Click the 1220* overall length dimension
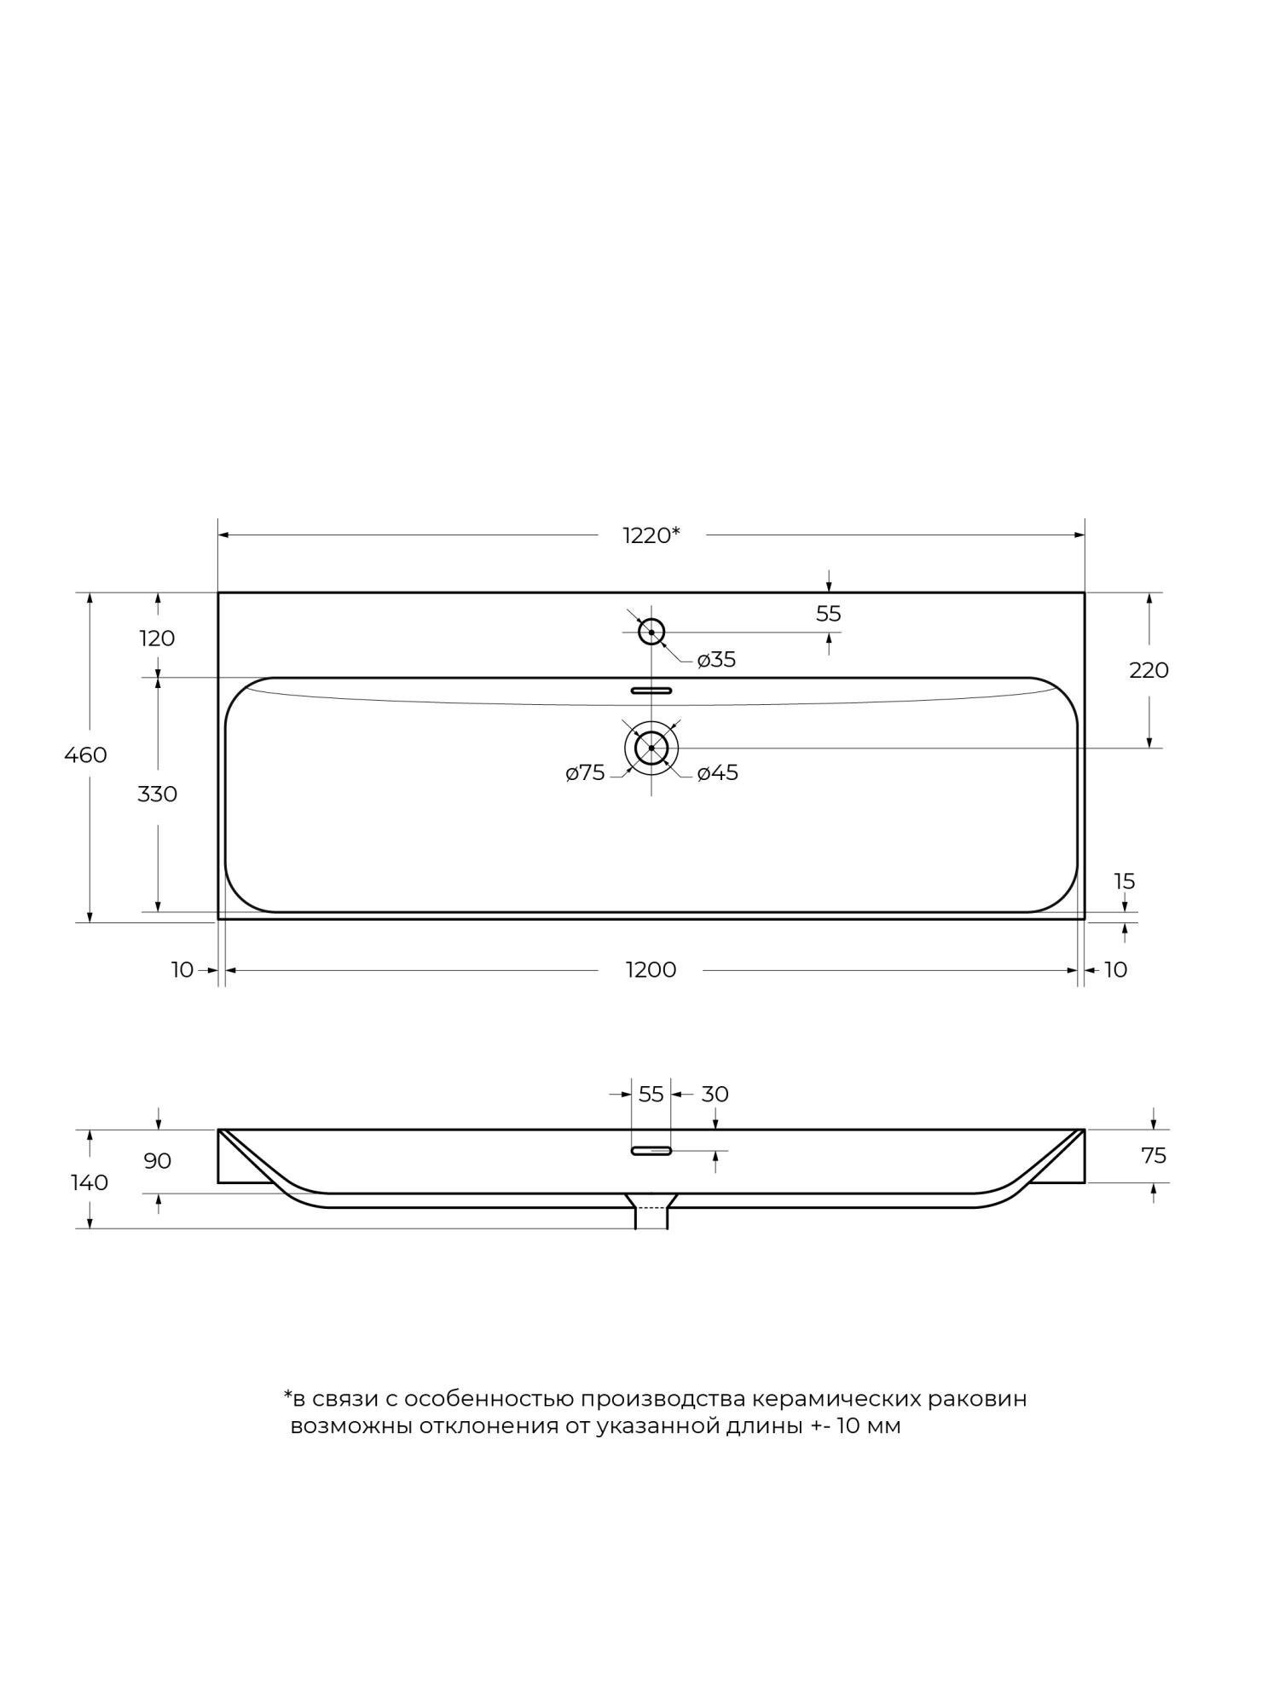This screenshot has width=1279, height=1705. (x=651, y=535)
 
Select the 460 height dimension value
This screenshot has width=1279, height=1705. (x=86, y=754)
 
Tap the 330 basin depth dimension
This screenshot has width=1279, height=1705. (x=158, y=794)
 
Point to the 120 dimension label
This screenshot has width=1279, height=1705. (x=158, y=638)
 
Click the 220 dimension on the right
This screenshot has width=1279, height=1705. (x=1149, y=670)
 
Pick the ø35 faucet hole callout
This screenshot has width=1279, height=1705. (x=716, y=660)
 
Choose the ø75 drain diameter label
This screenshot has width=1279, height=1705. (x=585, y=773)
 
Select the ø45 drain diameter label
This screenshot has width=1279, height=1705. (x=717, y=773)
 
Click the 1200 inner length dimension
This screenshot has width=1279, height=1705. (x=651, y=970)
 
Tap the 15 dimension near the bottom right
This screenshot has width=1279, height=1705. (x=1125, y=881)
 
